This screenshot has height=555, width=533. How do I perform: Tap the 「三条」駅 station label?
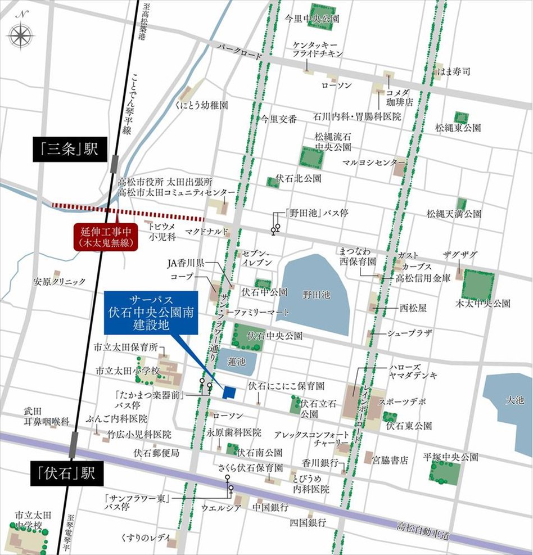[x=68, y=150]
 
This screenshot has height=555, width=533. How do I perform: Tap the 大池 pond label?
[x=514, y=400]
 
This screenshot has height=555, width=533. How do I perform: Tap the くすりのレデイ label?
[x=148, y=538]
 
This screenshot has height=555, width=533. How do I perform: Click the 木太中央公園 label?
[x=484, y=303]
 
